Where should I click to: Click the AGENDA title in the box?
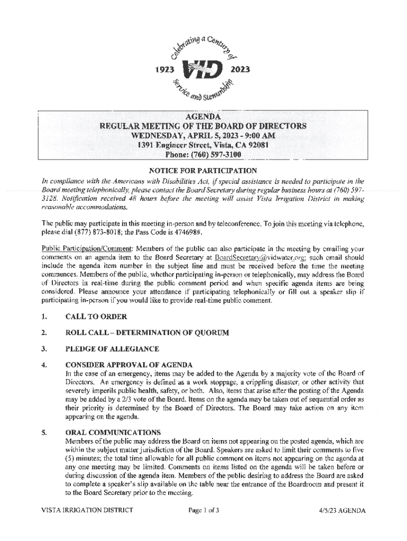coord(203,117)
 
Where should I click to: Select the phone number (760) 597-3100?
coord(216,154)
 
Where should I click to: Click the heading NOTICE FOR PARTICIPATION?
coord(203,171)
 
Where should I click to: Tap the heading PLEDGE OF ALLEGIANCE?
coord(112,349)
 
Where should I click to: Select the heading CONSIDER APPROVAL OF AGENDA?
coord(129,365)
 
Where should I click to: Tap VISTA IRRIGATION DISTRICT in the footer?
coord(87,511)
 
